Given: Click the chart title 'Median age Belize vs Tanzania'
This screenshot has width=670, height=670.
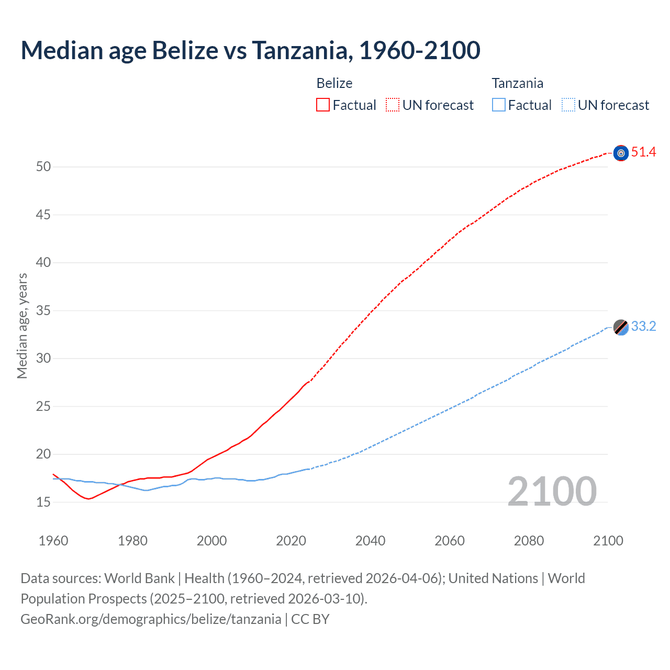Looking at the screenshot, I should [250, 50].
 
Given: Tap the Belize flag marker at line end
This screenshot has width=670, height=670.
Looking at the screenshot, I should [621, 153].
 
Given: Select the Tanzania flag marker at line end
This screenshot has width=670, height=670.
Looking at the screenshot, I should [621, 327].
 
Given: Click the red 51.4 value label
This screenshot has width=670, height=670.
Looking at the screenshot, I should [643, 152].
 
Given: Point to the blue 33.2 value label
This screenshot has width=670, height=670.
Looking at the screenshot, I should [643, 327].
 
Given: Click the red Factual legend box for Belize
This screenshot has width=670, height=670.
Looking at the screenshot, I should [323, 105].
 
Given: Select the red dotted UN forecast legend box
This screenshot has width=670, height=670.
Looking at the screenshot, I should [393, 105].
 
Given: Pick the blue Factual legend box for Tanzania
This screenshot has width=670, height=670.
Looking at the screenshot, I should [499, 105].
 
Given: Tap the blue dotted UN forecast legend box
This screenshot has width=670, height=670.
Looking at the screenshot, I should [568, 105].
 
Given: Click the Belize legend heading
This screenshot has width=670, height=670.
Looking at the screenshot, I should [334, 83].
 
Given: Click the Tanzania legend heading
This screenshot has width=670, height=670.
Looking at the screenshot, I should [517, 83].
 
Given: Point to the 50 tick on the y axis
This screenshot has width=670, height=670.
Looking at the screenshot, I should [43, 167].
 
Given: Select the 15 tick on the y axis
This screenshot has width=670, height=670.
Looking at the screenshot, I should [43, 502].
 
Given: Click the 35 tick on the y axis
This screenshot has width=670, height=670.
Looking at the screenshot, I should [43, 311].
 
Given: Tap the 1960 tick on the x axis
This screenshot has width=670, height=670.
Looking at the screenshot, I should [53, 541].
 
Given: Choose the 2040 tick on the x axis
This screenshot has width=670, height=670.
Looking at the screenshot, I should [370, 541].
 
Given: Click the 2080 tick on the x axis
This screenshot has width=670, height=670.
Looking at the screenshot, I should [529, 541].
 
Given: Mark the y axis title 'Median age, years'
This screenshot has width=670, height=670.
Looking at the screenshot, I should [22, 326].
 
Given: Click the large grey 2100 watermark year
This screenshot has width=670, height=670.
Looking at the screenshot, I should [552, 492].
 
